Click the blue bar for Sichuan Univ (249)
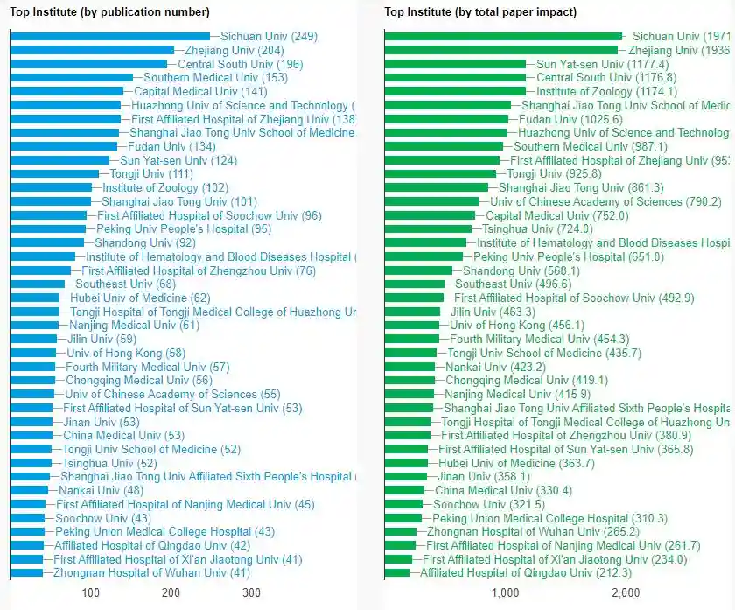[x=110, y=37]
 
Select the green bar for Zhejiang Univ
[x=500, y=51]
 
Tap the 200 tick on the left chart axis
[x=171, y=593]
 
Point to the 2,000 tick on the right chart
[x=626, y=593]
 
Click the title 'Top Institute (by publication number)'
[x=109, y=12]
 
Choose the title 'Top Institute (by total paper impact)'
[x=480, y=12]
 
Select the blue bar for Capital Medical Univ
[x=66, y=92]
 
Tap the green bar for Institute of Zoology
[x=455, y=92]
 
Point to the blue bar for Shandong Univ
[x=47, y=243]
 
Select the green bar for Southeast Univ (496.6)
[x=418, y=284]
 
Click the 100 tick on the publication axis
[x=91, y=593]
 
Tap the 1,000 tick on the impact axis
[x=506, y=593]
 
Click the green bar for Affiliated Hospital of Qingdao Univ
[x=397, y=573]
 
